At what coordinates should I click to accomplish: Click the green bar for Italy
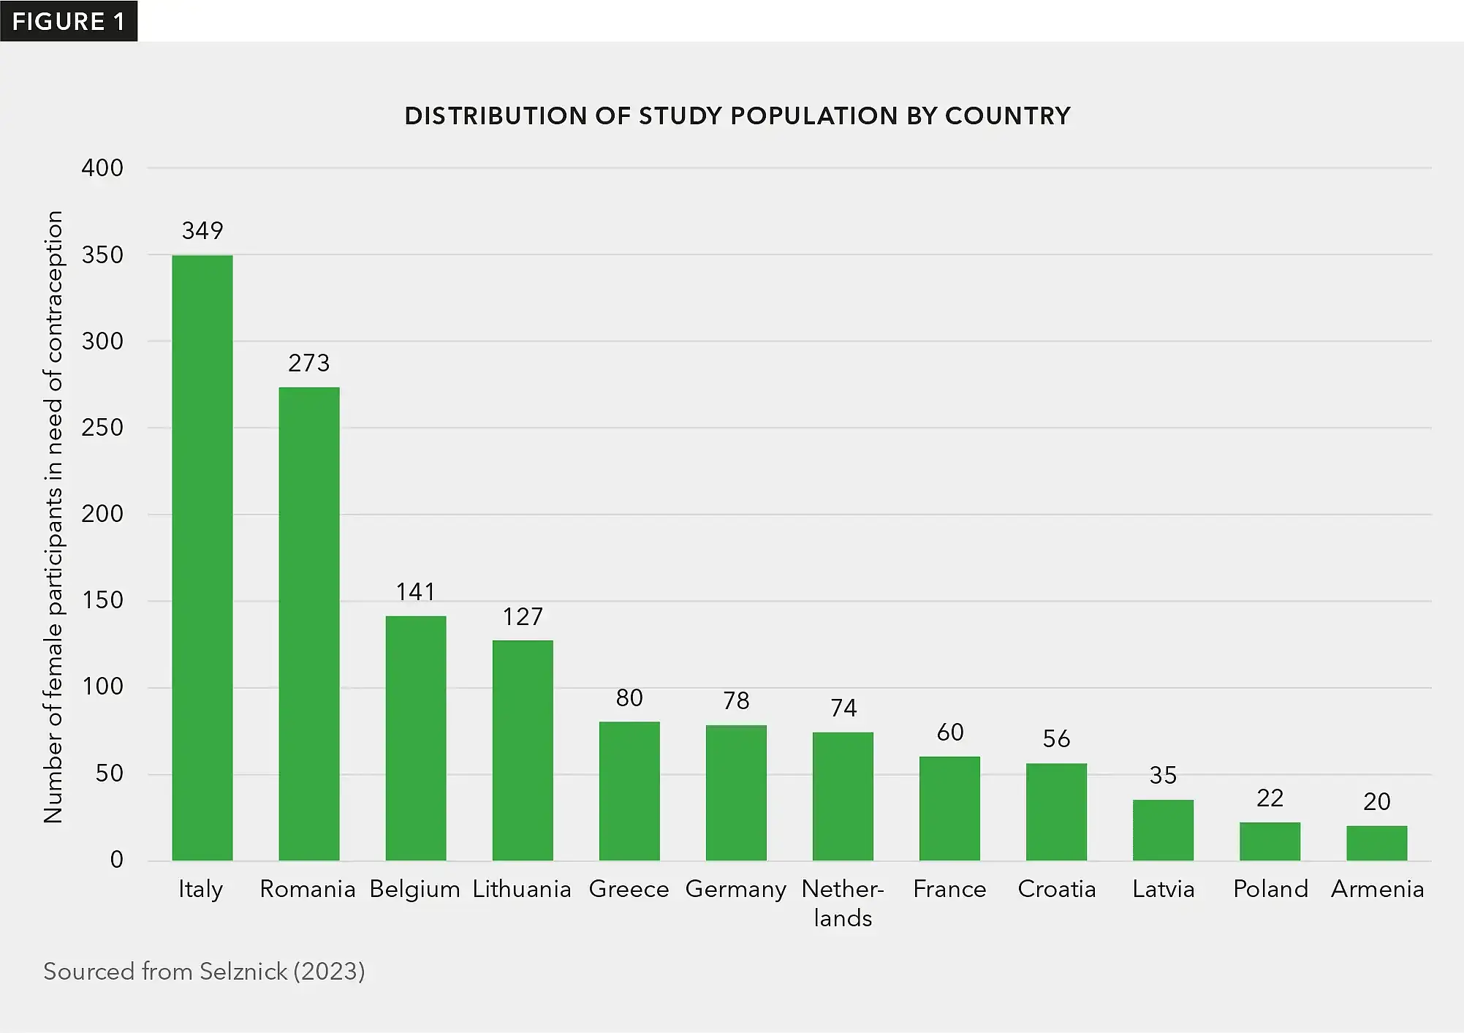tap(202, 557)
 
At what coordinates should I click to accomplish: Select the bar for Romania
tap(309, 623)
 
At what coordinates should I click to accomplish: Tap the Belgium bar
tap(416, 738)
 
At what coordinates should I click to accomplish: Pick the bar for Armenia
tap(1376, 843)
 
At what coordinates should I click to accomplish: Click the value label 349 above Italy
tap(202, 231)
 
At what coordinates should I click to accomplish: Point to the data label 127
tap(523, 617)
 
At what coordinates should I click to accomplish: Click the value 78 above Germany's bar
tap(736, 700)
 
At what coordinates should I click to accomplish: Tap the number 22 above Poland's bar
tap(1270, 798)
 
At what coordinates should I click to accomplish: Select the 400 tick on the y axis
tap(102, 168)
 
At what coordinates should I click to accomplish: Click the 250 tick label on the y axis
tap(102, 428)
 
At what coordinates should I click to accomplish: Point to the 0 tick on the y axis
tap(116, 860)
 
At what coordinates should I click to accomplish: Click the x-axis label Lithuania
tap(522, 889)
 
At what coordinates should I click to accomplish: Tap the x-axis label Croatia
tap(1056, 889)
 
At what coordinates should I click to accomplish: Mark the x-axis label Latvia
tap(1163, 889)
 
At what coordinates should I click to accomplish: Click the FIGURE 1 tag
tap(69, 21)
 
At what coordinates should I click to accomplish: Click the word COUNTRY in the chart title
tap(1007, 116)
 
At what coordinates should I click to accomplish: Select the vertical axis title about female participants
tap(53, 517)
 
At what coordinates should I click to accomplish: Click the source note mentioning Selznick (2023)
tap(204, 971)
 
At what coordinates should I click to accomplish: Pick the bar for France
tap(949, 808)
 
